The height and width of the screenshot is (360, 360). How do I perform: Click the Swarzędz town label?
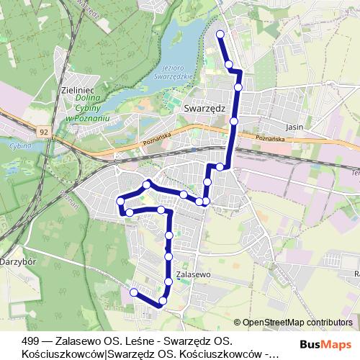point(206,107)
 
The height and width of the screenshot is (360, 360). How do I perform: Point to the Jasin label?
point(294,125)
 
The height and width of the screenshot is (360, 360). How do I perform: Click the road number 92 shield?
point(44,132)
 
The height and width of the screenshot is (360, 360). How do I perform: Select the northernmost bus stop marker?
point(220,34)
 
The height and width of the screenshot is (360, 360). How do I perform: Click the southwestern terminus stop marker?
point(133,292)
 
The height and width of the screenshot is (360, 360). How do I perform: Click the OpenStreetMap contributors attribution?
point(297,323)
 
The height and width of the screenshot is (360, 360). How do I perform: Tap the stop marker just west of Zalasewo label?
point(168,281)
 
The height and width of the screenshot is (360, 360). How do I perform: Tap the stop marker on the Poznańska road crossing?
point(234,122)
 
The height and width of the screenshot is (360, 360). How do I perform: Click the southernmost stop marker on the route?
point(163,300)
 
